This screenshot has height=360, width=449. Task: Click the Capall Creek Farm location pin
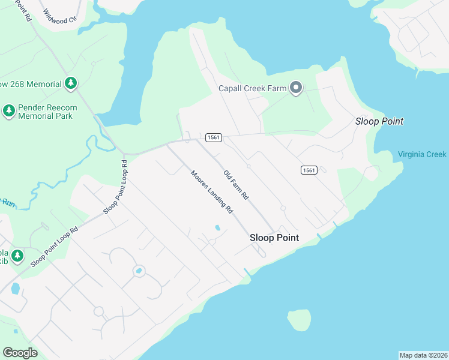coord(295,88)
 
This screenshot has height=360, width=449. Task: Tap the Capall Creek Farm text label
coord(252,89)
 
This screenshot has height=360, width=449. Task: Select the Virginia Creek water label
coord(422,154)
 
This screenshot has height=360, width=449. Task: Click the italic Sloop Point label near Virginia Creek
coord(379,121)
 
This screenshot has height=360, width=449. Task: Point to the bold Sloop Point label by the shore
coord(274,238)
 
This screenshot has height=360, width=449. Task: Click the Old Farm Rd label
coord(236,185)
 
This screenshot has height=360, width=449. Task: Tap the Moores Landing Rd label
coord(211,193)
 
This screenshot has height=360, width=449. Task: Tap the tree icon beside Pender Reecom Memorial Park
coord(8,110)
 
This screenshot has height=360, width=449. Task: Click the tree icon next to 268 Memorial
coord(71,83)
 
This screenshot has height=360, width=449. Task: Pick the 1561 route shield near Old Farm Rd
coord(214,137)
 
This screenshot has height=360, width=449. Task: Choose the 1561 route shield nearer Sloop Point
coord(309,170)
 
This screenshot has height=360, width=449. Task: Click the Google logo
coord(20,353)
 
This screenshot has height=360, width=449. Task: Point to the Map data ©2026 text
coord(423,355)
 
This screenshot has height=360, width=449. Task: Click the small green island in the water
coord(299,319)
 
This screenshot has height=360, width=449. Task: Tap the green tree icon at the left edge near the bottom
coord(17,256)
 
